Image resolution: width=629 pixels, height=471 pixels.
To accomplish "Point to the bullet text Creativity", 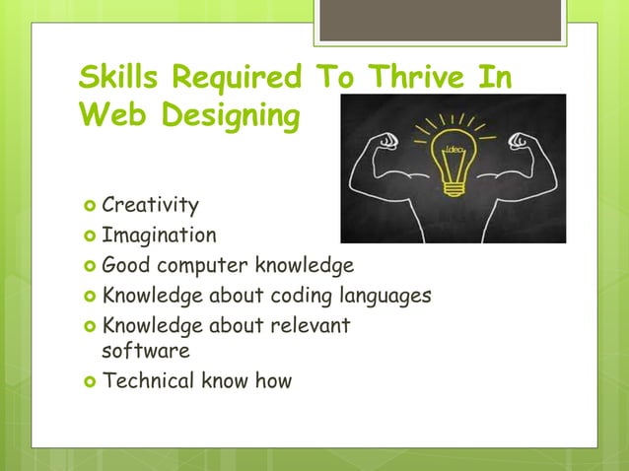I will [x=150, y=206].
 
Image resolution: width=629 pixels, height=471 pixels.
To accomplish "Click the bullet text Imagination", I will [x=159, y=235].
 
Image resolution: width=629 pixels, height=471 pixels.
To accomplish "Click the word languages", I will [x=385, y=296].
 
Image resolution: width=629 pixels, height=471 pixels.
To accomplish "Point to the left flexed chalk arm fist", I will [x=387, y=139].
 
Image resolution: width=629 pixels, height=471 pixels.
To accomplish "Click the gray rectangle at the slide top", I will [x=441, y=20].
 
